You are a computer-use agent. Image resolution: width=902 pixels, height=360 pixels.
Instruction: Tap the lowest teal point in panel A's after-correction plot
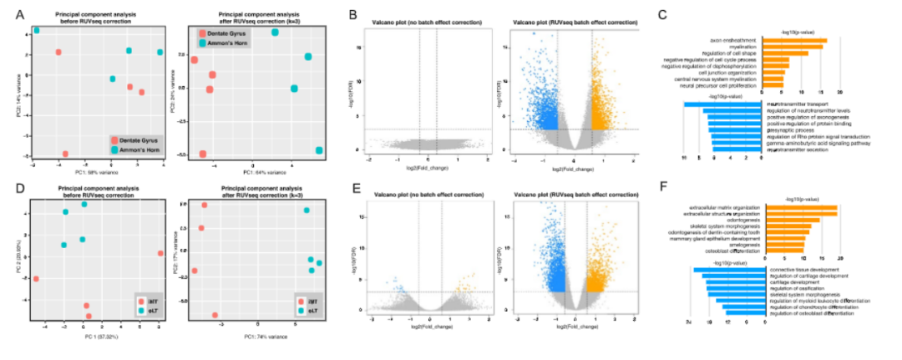(320, 150)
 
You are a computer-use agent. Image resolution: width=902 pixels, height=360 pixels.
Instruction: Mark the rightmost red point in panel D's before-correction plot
(160, 253)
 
